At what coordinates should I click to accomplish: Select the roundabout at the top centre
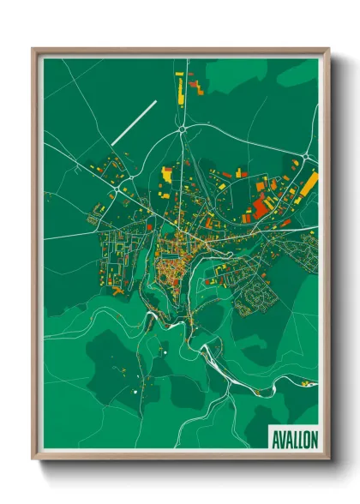point(183,129)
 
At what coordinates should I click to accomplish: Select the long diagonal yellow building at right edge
point(308,184)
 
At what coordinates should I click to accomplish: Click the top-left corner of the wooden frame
point(33,50)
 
